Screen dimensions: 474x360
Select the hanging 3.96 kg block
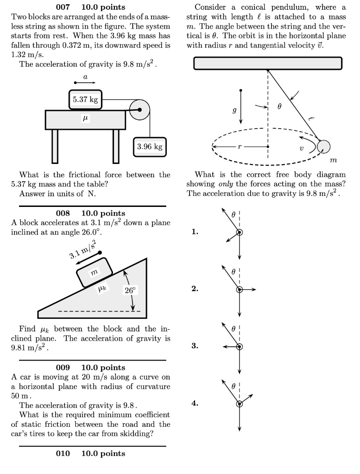point(150,147)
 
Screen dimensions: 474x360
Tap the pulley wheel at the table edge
point(139,111)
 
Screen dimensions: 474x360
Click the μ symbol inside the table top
point(85,119)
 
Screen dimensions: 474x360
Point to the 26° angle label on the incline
point(130,291)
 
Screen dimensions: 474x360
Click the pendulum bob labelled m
point(323,147)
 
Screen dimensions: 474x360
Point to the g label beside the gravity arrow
point(234,111)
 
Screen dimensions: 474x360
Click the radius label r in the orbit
point(239,147)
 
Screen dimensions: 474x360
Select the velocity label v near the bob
point(301,149)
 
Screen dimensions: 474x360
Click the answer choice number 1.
point(195,232)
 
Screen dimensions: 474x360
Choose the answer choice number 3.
point(195,346)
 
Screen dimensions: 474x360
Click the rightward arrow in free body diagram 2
point(249,289)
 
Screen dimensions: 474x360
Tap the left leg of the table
point(55,146)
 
